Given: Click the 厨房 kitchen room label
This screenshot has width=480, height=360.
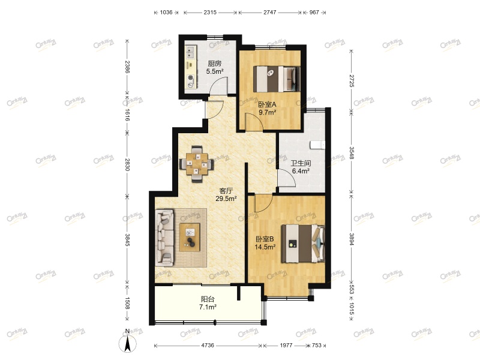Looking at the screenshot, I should [x=215, y=64].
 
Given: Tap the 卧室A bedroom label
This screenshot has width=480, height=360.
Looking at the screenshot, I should [x=267, y=104].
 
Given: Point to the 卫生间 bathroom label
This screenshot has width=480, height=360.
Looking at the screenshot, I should [x=300, y=163].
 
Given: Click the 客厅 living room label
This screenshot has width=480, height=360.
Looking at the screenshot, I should [x=226, y=191].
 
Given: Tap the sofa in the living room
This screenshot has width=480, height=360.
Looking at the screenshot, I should [x=164, y=236].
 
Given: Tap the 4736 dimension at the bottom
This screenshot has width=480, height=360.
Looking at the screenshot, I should [x=208, y=346].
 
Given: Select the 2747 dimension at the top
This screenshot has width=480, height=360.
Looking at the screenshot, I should [x=270, y=12].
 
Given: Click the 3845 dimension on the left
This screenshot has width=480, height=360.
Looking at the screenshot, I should [x=127, y=240].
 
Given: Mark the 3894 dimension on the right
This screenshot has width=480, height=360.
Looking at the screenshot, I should [x=352, y=240].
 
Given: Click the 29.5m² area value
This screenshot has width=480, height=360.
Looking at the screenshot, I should [x=226, y=199].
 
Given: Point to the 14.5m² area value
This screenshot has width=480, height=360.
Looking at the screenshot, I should [x=265, y=247].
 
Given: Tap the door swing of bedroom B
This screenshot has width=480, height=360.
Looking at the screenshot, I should [x=262, y=204].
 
